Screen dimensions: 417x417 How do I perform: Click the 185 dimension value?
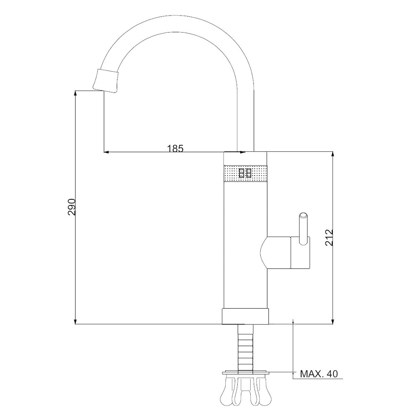point(175,148)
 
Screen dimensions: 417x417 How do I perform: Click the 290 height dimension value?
point(72,207)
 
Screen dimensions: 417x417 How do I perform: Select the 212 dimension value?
point(329,238)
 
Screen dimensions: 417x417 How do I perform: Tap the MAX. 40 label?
point(319,374)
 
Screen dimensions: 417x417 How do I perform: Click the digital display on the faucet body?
point(245,173)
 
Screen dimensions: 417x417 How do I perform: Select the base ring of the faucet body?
point(245,317)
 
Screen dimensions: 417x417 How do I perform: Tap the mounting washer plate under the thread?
point(246,372)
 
